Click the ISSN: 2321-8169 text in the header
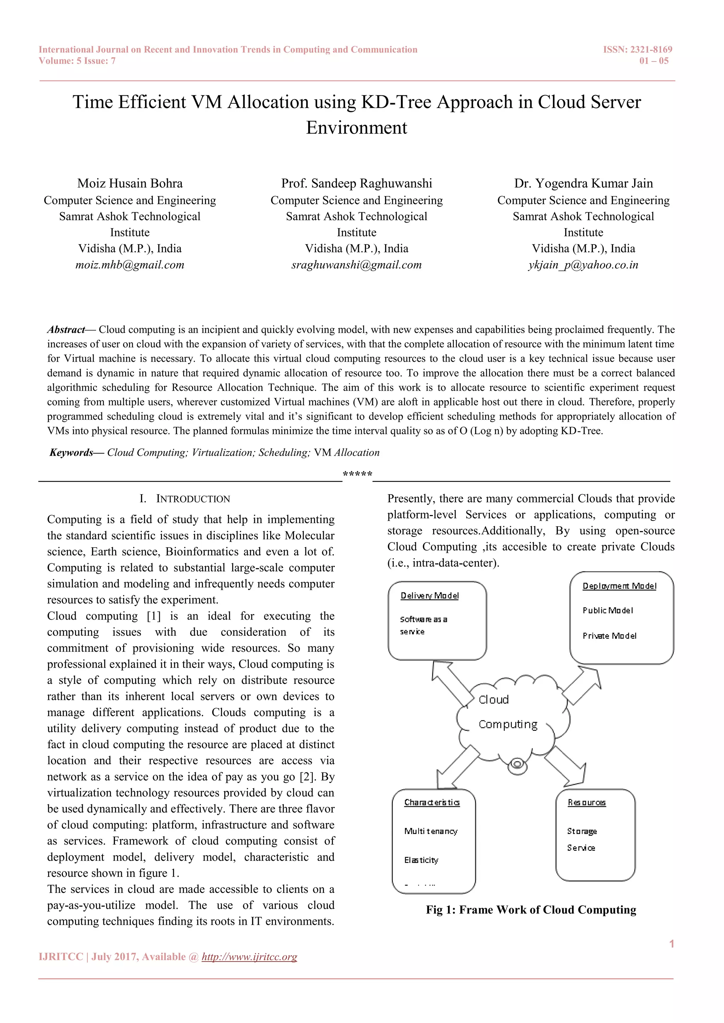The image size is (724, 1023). [x=637, y=49]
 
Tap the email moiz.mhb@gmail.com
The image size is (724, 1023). [x=130, y=265]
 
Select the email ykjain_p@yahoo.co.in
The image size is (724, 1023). [x=583, y=265]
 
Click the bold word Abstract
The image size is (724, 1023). [x=66, y=330]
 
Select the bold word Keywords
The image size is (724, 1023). [x=71, y=453]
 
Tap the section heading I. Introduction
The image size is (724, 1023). [x=185, y=499]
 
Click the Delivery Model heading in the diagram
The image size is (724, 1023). [x=429, y=596]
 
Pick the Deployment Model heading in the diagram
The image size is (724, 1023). [x=619, y=586]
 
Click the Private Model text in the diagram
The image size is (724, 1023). [x=609, y=636]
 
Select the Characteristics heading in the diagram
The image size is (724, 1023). [x=432, y=803]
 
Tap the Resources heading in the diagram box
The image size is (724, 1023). [x=586, y=803]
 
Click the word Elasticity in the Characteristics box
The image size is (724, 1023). [x=421, y=860]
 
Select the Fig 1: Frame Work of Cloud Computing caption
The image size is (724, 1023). [x=531, y=910]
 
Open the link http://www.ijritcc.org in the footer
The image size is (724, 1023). [x=249, y=957]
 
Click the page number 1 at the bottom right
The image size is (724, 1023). [x=671, y=944]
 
